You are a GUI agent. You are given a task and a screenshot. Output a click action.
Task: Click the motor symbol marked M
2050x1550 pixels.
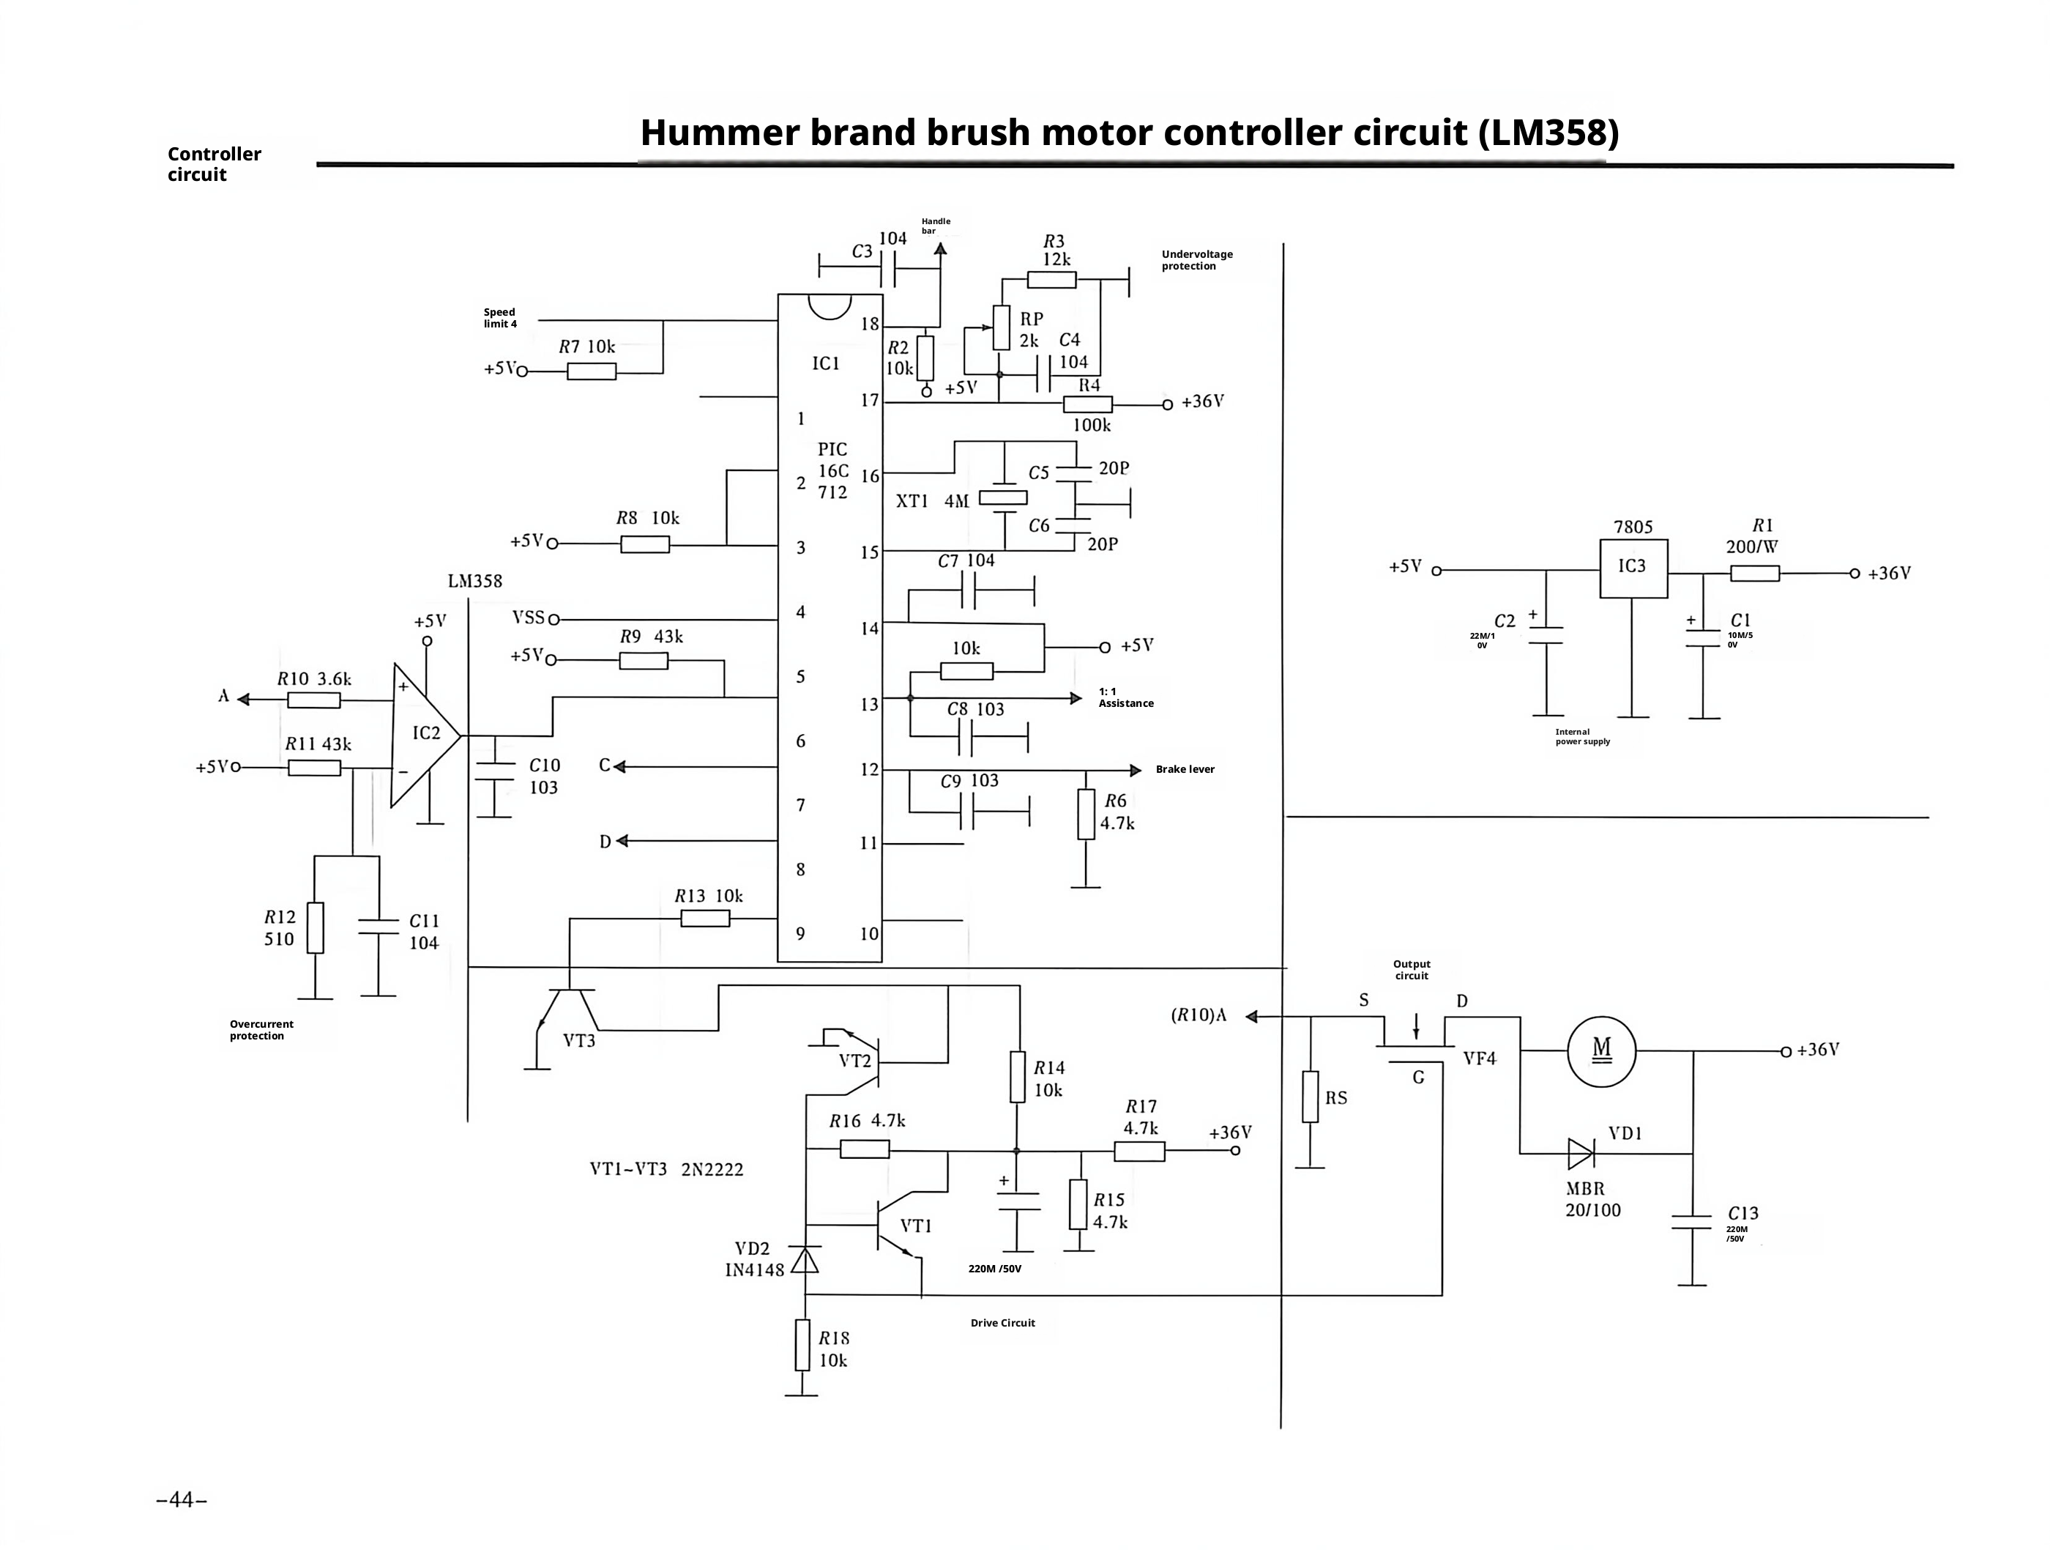pos(1601,1051)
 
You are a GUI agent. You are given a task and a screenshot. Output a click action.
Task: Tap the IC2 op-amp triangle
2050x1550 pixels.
pos(425,735)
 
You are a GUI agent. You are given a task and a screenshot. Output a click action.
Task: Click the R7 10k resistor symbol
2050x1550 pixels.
pos(592,371)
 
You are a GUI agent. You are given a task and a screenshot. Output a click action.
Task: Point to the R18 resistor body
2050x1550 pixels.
pos(802,1345)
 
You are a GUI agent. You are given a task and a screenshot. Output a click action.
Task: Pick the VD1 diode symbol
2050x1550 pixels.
pos(1581,1153)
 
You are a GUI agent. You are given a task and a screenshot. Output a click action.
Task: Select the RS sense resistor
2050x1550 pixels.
pos(1310,1097)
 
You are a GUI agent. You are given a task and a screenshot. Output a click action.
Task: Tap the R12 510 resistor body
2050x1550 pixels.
pos(315,927)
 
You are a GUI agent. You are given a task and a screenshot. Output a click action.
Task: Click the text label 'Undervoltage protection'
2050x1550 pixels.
pos(1196,259)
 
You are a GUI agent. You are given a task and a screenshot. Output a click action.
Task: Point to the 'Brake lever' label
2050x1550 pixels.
pos(1185,769)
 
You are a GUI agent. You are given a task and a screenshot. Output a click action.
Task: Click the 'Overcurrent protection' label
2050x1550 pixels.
pos(261,1030)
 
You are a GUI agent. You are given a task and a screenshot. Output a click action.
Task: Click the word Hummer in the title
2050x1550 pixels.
pos(718,133)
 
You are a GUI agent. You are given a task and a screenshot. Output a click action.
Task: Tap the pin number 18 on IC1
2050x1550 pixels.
pos(869,325)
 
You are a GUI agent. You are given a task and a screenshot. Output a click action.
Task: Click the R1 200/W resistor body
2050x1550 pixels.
pos(1754,573)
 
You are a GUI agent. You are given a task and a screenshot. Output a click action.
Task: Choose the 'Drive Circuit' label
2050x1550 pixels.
pos(1003,1323)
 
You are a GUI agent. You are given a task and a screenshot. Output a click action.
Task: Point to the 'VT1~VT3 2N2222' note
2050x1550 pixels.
pos(666,1169)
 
